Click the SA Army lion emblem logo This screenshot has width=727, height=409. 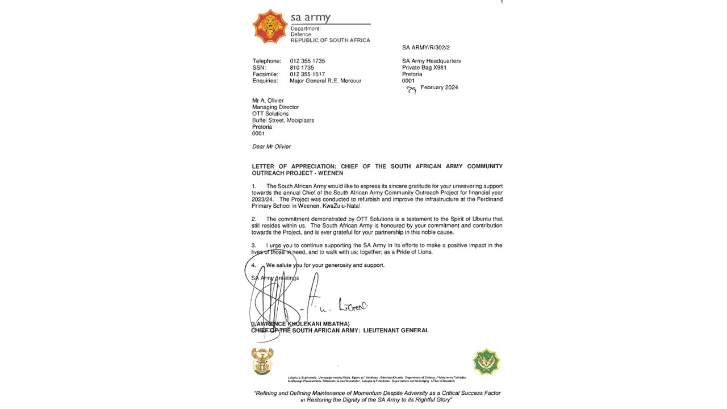270,26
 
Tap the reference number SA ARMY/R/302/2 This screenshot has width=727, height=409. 425,48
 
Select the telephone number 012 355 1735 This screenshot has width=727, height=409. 307,61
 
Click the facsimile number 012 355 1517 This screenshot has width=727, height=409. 307,74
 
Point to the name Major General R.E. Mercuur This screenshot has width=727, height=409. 325,81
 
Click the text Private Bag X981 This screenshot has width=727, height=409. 424,68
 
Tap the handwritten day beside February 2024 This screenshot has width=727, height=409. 411,89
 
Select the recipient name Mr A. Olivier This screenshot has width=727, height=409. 268,101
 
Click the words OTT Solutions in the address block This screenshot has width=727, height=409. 270,114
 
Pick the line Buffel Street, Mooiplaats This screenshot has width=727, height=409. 283,120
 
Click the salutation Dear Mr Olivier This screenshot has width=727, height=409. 271,147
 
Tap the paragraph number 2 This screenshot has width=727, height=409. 254,219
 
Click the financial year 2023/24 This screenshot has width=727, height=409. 262,199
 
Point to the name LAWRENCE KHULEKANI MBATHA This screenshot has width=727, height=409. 301,324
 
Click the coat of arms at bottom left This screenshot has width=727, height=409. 262,361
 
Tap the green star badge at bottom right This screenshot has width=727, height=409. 486,362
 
